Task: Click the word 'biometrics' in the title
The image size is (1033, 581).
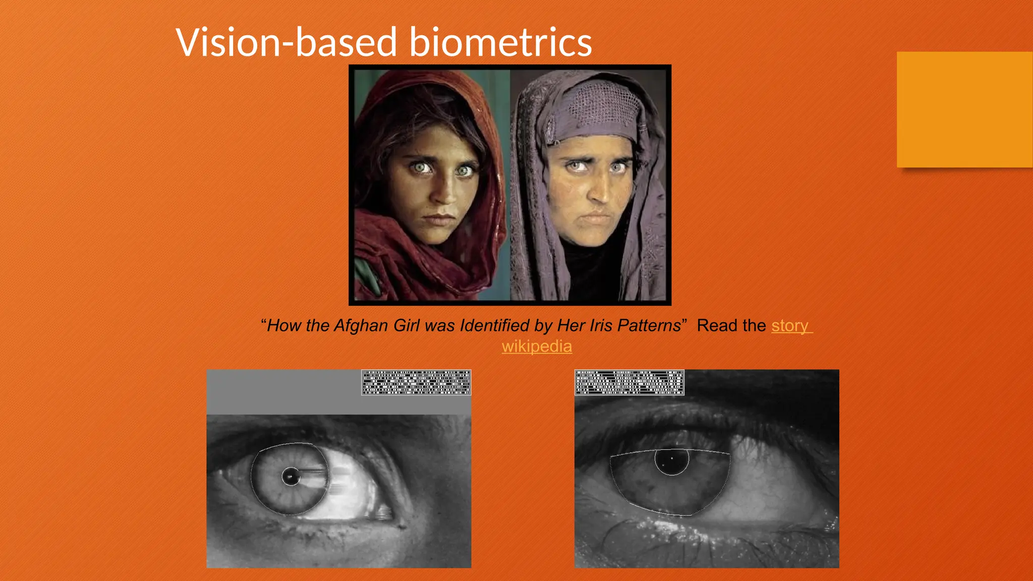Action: click(500, 42)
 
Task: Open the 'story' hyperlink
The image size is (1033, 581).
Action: click(790, 326)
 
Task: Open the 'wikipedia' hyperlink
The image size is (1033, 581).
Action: click(537, 346)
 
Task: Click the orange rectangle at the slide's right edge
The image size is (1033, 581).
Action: click(964, 109)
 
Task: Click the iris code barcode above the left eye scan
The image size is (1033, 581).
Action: click(416, 382)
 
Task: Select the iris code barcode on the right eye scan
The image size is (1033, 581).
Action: click(629, 382)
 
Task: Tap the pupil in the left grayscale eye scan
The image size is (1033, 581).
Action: click(291, 476)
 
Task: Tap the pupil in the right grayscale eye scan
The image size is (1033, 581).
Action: click(672, 460)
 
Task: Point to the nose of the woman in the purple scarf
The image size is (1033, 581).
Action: click(599, 192)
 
